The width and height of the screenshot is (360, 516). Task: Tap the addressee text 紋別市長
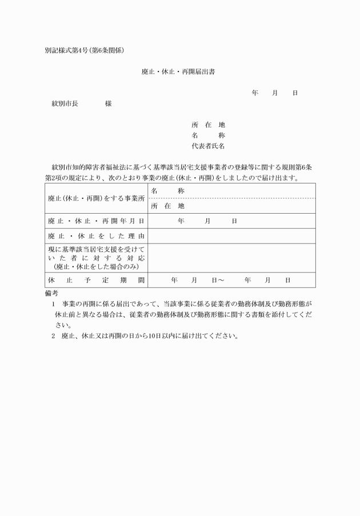(65, 104)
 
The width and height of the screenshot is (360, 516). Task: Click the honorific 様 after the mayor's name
(108, 104)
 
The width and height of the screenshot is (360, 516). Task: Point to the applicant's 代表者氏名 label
(208, 146)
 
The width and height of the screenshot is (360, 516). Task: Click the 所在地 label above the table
(208, 125)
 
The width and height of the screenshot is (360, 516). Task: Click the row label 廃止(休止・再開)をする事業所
(96, 198)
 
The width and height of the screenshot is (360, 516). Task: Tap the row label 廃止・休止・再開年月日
(96, 221)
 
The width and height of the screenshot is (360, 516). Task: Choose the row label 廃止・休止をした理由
(96, 236)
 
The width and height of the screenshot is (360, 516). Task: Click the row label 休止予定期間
(96, 280)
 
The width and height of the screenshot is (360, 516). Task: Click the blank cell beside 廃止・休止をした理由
(231, 236)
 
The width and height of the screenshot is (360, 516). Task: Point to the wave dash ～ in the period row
(220, 280)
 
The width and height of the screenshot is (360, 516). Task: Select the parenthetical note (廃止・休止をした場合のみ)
(96, 266)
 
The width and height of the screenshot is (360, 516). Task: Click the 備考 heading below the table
(51, 293)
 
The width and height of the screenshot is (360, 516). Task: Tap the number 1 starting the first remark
(54, 304)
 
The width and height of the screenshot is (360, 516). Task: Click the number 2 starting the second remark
(54, 336)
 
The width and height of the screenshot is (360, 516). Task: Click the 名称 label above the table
(208, 135)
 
